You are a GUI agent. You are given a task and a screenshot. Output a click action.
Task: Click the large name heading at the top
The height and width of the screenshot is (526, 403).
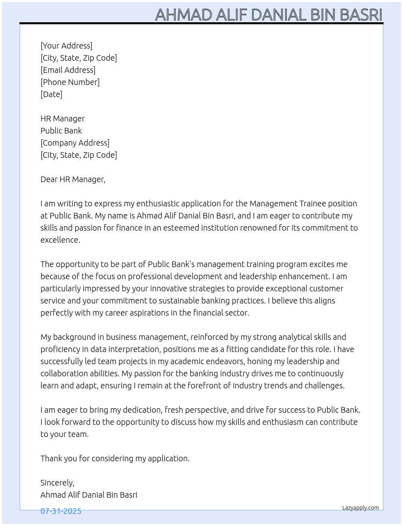pos(269,15)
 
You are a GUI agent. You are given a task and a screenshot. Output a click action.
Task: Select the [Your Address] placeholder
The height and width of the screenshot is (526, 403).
pos(66,46)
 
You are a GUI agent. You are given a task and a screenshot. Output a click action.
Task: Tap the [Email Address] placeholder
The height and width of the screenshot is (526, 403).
pos(68,70)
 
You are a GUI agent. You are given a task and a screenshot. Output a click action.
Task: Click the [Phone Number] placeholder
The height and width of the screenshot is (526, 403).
pos(70,82)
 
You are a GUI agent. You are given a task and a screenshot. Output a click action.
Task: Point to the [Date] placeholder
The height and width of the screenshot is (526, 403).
pos(51,94)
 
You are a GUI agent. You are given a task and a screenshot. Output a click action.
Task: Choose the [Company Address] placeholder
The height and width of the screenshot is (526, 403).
pos(75,143)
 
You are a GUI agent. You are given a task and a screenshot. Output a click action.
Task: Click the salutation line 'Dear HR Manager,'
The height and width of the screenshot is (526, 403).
pos(73,179)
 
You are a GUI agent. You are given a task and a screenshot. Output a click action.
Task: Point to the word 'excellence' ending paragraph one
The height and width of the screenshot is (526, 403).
pos(59,240)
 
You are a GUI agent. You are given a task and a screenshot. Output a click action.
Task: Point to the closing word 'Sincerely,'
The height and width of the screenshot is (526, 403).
pos(57,483)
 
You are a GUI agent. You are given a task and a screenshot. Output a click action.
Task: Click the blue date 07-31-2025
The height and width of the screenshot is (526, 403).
pos(61,511)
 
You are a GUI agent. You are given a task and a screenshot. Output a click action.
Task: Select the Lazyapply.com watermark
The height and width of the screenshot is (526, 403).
pos(361,508)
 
